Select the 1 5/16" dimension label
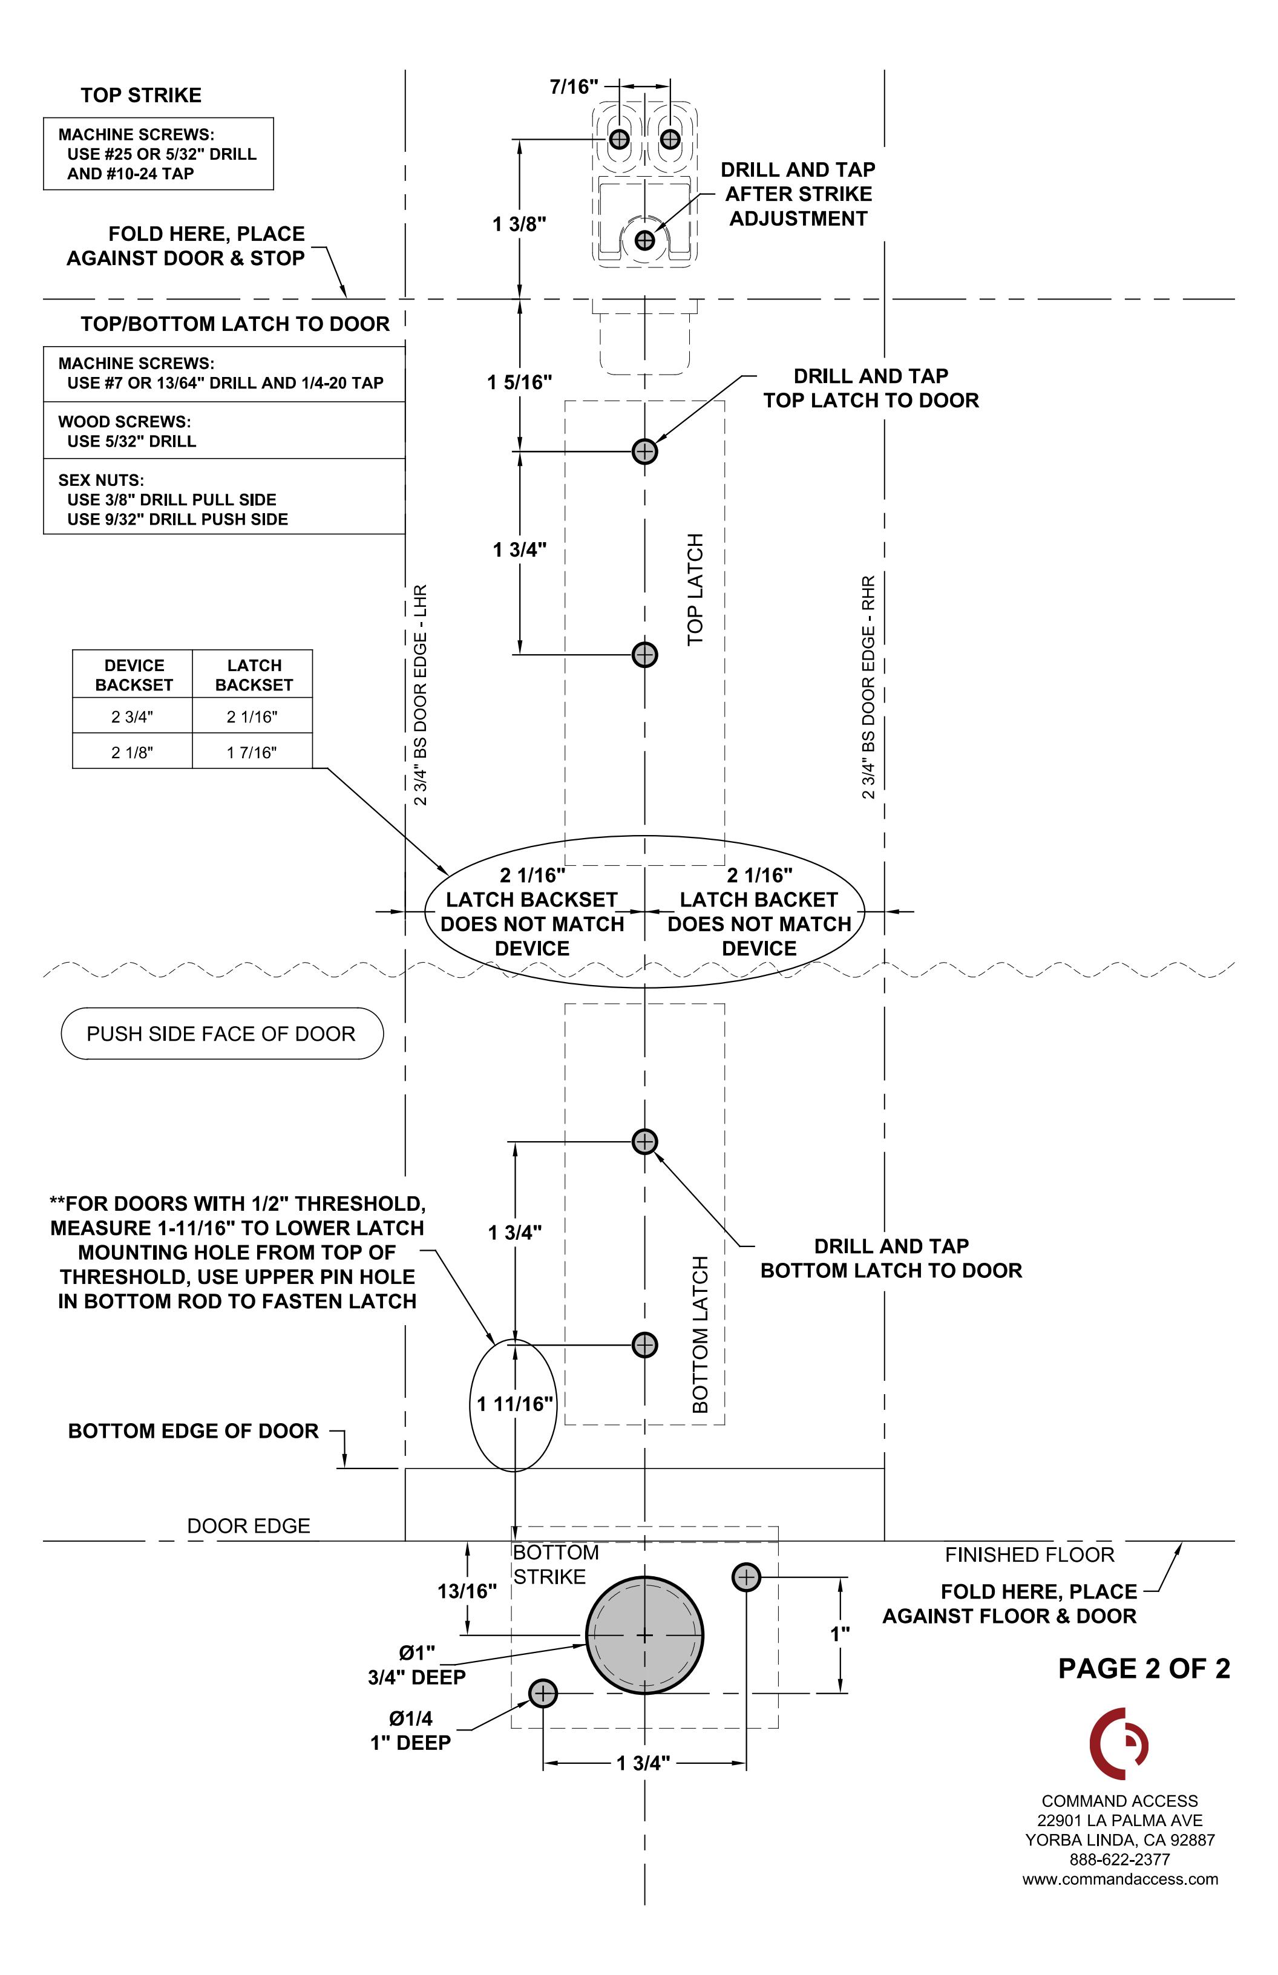(x=520, y=382)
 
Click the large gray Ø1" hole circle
(x=645, y=1635)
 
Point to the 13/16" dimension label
(x=467, y=1591)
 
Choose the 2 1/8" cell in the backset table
(x=133, y=752)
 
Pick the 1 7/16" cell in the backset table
(x=252, y=752)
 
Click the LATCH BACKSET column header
(x=254, y=675)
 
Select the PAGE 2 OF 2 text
(x=1144, y=1668)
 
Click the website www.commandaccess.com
(x=1120, y=1879)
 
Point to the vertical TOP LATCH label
(x=695, y=589)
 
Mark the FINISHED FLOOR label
(x=1030, y=1554)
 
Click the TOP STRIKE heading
(x=141, y=96)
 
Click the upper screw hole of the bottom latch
(x=645, y=1142)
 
